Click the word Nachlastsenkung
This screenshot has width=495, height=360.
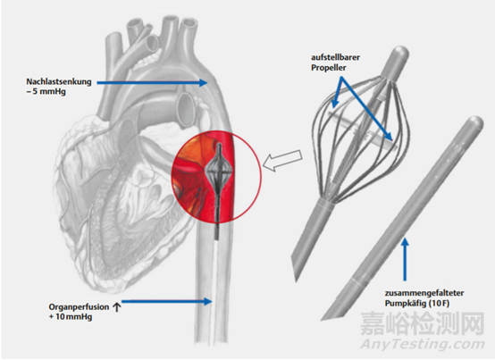tap(59, 81)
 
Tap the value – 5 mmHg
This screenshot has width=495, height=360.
tap(46, 92)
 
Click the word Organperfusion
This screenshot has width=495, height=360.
tap(79, 307)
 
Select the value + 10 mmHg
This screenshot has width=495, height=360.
tap(71, 316)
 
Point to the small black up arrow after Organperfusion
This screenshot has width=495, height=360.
tap(116, 307)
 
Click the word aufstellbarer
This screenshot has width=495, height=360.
tap(335, 57)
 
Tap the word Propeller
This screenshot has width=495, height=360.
tap(328, 68)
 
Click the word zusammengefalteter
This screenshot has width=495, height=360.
tap(424, 293)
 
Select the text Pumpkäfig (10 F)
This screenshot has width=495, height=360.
tap(416, 303)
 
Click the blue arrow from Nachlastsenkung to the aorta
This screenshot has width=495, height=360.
tap(152, 83)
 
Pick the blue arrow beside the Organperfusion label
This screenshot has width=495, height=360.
tap(167, 302)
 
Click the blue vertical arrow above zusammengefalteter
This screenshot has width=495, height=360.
tap(405, 259)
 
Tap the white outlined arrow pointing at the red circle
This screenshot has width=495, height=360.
tap(282, 160)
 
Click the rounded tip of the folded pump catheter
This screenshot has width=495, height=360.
tap(474, 123)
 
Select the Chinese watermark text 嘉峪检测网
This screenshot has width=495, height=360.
tap(423, 323)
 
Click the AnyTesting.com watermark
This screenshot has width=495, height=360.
tap(423, 345)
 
